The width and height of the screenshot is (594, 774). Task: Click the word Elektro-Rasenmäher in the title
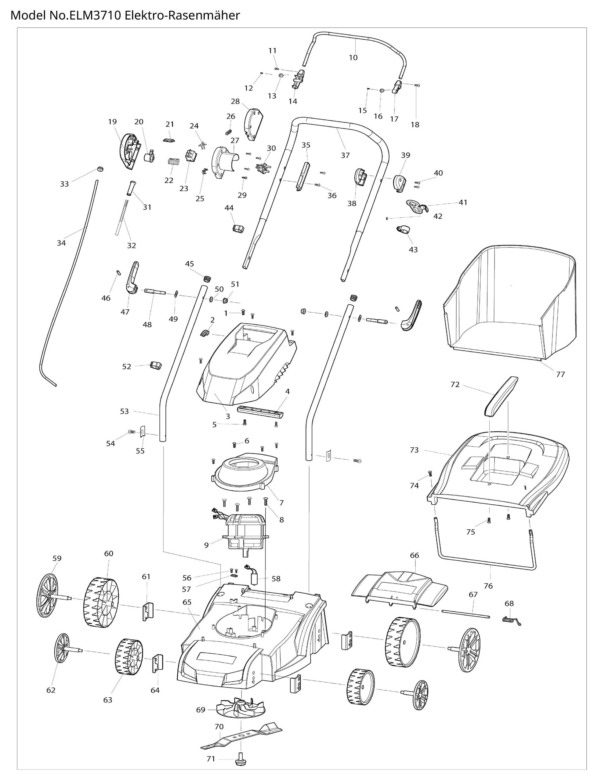(183, 15)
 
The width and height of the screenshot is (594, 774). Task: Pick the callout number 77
(560, 374)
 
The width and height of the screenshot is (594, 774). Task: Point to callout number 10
(353, 57)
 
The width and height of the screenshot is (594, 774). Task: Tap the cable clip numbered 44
(239, 228)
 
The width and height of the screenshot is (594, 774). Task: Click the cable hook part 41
(417, 206)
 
